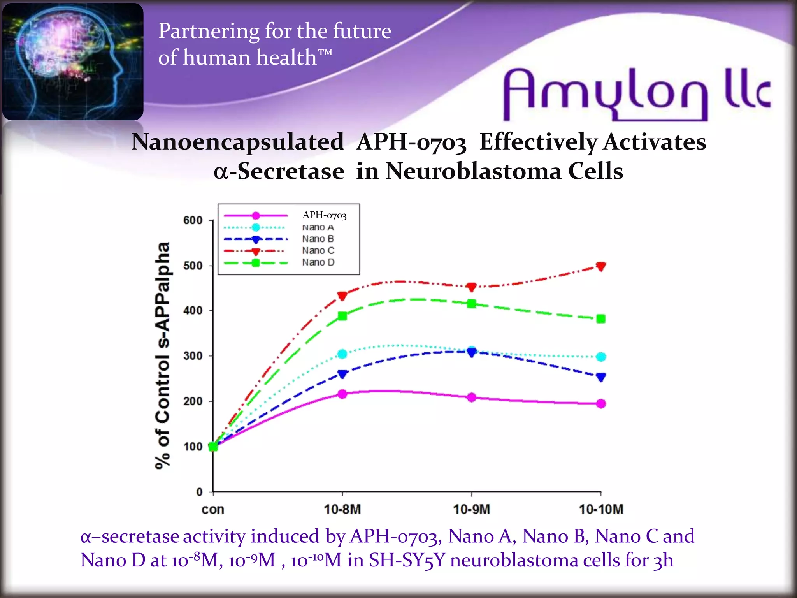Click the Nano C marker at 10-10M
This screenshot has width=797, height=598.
click(601, 267)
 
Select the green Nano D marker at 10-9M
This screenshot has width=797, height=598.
click(472, 304)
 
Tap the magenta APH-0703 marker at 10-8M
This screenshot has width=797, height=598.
click(342, 394)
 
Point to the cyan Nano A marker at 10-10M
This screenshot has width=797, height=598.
click(601, 357)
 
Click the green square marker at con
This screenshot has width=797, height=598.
click(213, 447)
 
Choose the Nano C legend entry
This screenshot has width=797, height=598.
click(318, 251)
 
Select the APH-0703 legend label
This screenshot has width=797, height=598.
click(324, 215)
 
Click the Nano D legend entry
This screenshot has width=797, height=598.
click(318, 262)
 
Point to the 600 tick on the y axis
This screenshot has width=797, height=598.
click(193, 220)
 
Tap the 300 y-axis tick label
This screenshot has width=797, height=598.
click(193, 356)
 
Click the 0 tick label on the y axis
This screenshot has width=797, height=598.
click(199, 492)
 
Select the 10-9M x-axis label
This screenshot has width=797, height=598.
click(472, 509)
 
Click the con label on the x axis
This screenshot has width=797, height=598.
click(213, 509)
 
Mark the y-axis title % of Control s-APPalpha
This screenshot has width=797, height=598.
click(163, 355)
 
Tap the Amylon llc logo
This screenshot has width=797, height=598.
click(636, 93)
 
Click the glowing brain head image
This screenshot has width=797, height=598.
click(73, 62)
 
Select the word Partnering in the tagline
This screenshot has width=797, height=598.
click(209, 31)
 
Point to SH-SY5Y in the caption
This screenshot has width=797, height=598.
click(406, 561)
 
